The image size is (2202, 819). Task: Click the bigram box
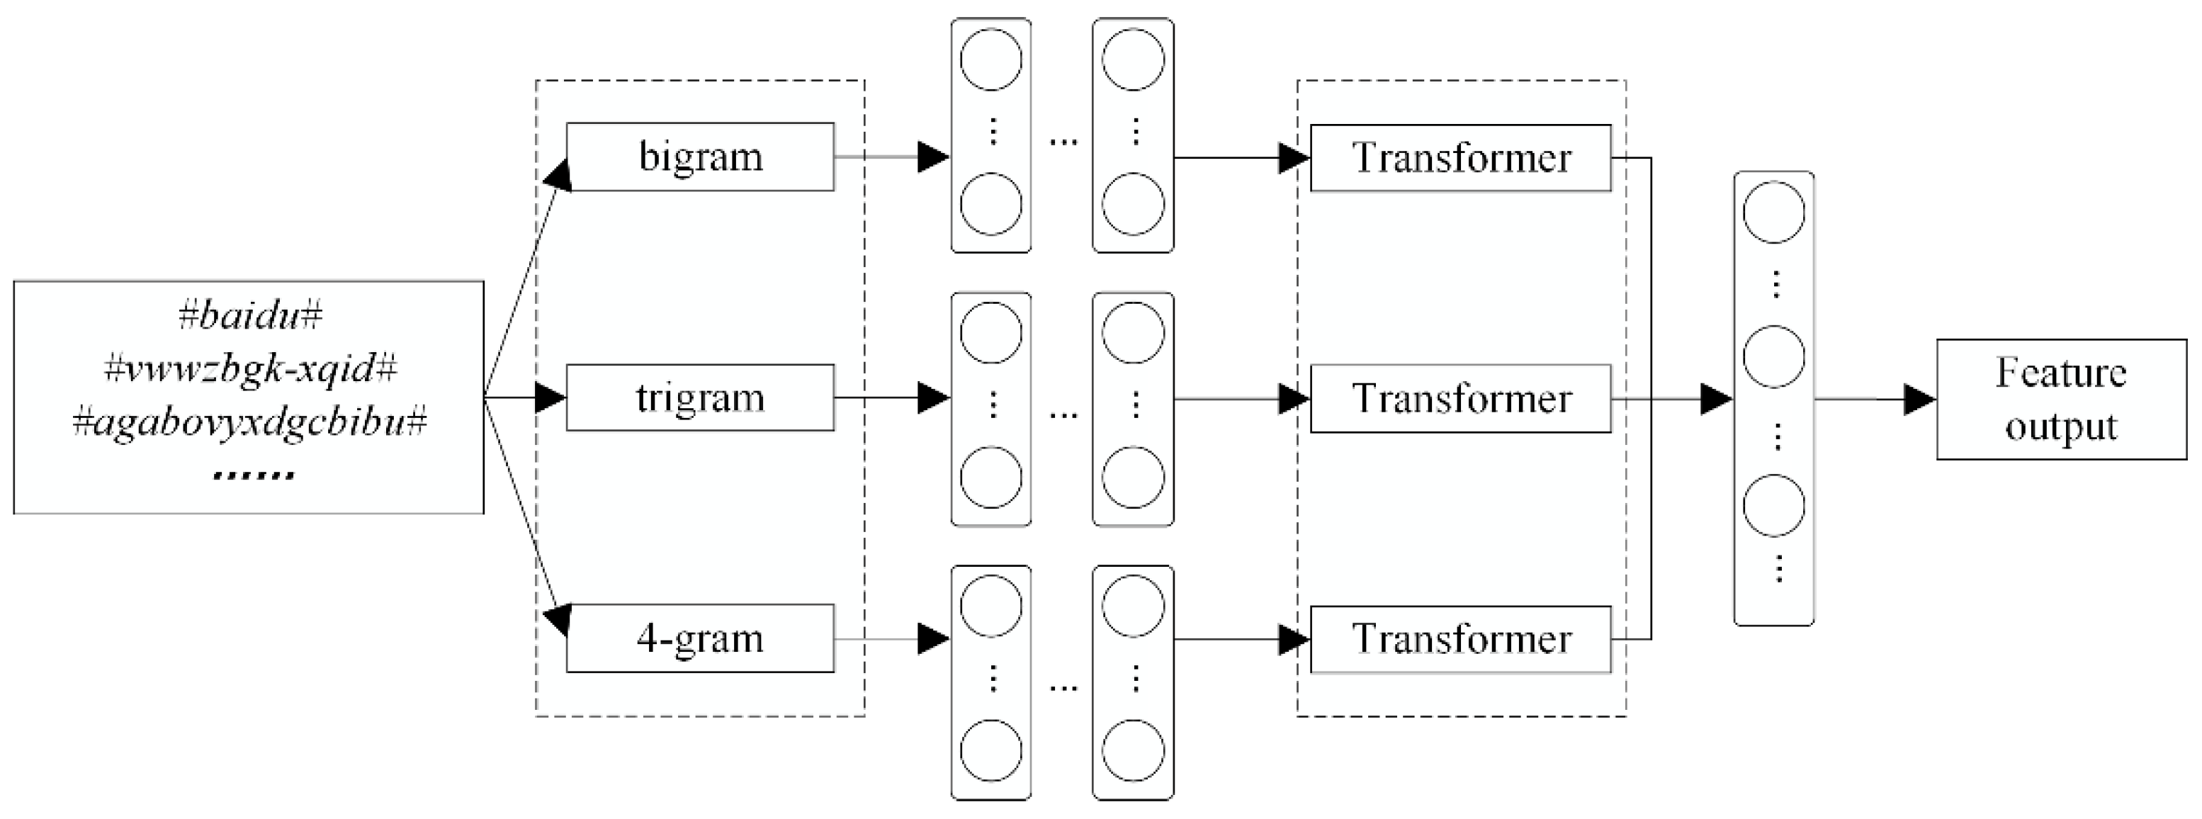[x=699, y=157]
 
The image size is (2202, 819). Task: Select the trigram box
[x=699, y=397]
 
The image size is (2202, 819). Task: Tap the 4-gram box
[x=699, y=638]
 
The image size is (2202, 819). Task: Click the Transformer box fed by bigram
[x=1460, y=158]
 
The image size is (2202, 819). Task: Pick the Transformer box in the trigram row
[x=1460, y=398]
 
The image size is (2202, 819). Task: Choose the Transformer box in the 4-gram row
[x=1460, y=640]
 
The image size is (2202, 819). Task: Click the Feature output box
[x=2061, y=400]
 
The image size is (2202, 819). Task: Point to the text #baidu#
[x=249, y=316]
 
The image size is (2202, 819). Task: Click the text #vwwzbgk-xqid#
[x=249, y=369]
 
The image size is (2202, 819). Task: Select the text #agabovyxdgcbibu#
[x=249, y=422]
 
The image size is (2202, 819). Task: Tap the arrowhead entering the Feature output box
[x=1920, y=400]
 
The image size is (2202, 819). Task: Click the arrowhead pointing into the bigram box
[x=558, y=174]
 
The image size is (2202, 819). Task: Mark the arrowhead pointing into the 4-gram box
[x=558, y=620]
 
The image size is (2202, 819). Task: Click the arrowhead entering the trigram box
[x=551, y=397]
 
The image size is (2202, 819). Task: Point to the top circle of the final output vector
[x=1774, y=212]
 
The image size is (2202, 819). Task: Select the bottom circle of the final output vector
[x=1774, y=505]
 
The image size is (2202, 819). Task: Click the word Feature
[x=2061, y=373]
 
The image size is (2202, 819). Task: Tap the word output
[x=2061, y=426]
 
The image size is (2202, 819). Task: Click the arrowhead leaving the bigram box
[x=934, y=157]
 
